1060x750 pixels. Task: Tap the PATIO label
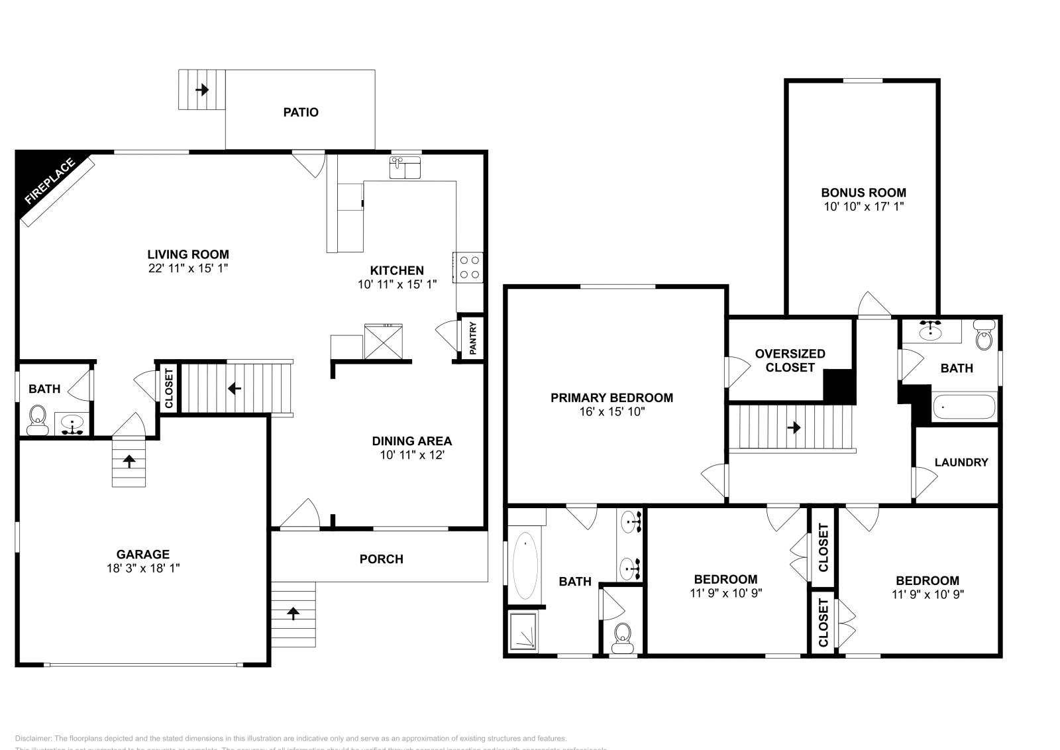click(301, 113)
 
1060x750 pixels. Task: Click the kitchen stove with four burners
click(469, 267)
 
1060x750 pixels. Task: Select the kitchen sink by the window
click(405, 168)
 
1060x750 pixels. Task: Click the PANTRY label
click(473, 338)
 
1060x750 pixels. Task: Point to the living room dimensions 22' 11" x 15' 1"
click(188, 268)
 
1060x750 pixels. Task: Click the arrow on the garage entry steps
click(129, 460)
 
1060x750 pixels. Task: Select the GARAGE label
click(143, 554)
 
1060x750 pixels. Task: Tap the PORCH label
click(381, 559)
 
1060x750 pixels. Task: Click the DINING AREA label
click(411, 441)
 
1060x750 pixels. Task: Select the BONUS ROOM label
click(863, 193)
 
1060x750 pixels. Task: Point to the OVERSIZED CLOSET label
click(790, 360)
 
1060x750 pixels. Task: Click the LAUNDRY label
click(961, 462)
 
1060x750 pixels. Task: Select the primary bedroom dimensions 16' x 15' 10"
click(611, 411)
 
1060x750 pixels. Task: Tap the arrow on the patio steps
click(201, 89)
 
